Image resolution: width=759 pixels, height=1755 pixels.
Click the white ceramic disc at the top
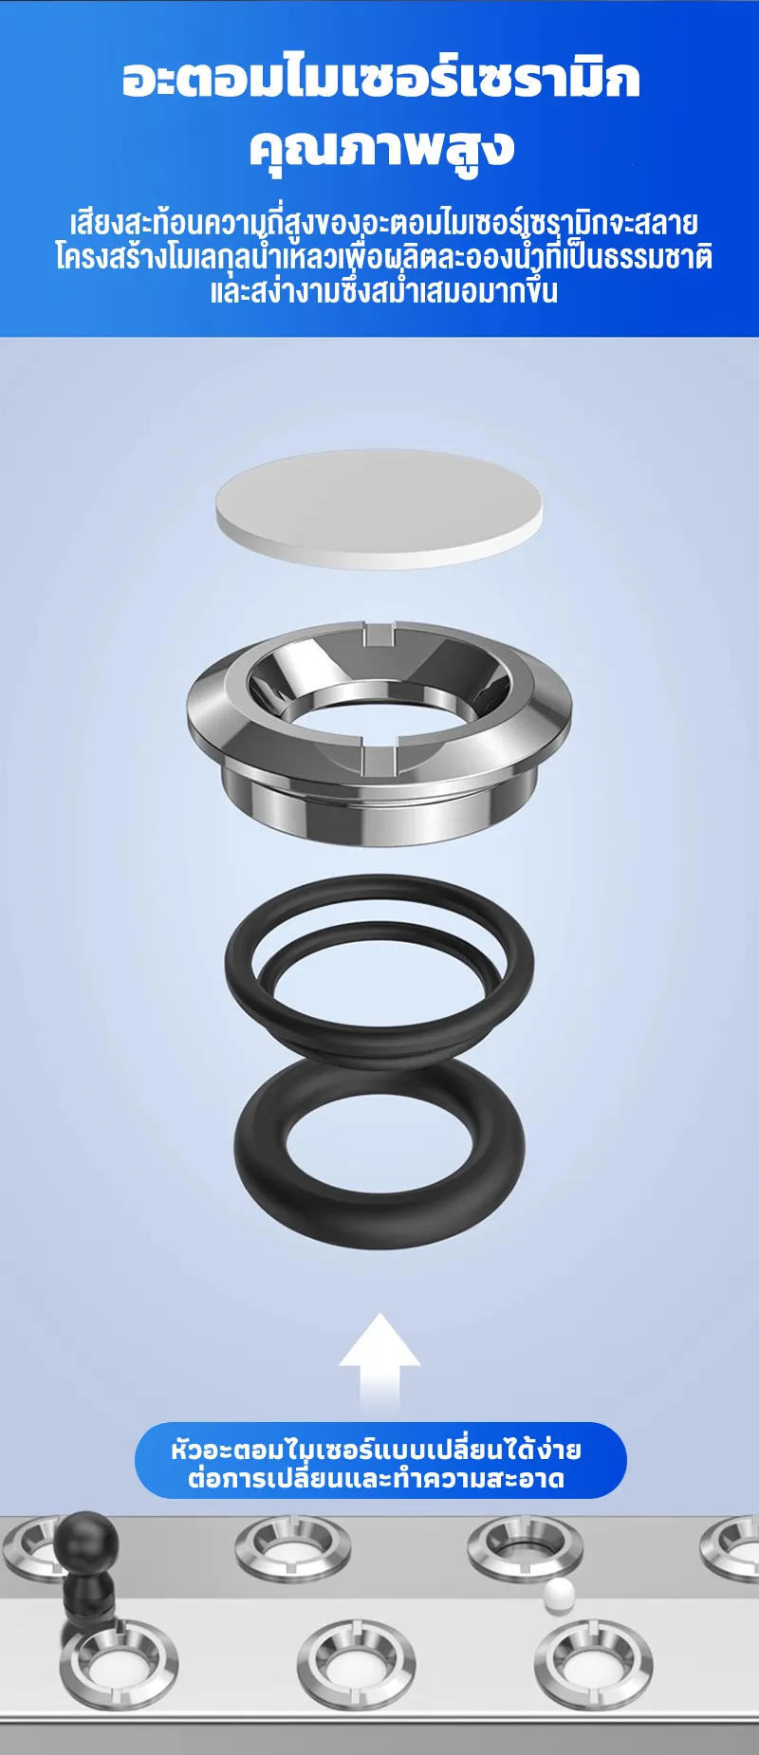379,508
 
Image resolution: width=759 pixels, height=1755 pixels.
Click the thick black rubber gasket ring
379,1153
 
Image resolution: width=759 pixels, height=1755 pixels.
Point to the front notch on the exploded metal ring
378,758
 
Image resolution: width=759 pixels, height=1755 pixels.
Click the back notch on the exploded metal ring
379,632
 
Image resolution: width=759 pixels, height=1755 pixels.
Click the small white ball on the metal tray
559,1592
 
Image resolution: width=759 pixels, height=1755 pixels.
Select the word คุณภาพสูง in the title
381,148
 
